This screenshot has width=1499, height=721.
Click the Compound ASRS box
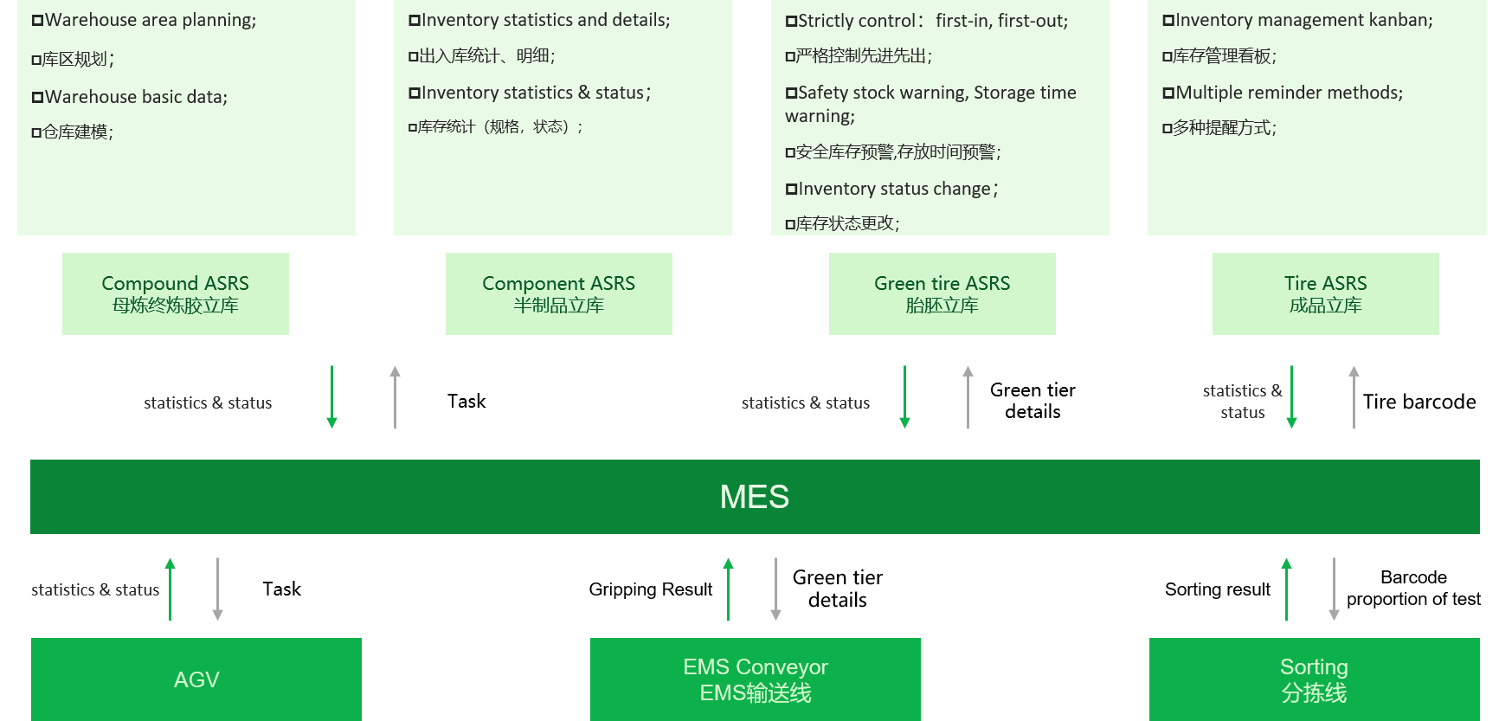[x=175, y=293]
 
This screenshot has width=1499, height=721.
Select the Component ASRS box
[x=558, y=293]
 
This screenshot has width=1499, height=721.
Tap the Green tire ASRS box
[x=942, y=293]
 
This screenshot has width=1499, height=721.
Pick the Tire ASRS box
[x=1325, y=293]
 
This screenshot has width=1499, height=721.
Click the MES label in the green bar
[x=754, y=497]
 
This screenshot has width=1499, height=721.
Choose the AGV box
[x=196, y=679]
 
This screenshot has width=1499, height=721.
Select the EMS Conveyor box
[x=755, y=679]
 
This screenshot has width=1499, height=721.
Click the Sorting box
[x=1314, y=679]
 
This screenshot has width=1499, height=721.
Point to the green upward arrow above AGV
[x=170, y=589]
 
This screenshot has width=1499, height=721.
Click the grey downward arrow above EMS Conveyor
[x=775, y=589]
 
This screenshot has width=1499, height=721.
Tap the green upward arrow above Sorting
[x=1286, y=589]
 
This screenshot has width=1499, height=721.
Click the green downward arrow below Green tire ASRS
[x=904, y=397]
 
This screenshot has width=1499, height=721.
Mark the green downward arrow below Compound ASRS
[x=331, y=397]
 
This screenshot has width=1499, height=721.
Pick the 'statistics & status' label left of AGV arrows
[x=95, y=589]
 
